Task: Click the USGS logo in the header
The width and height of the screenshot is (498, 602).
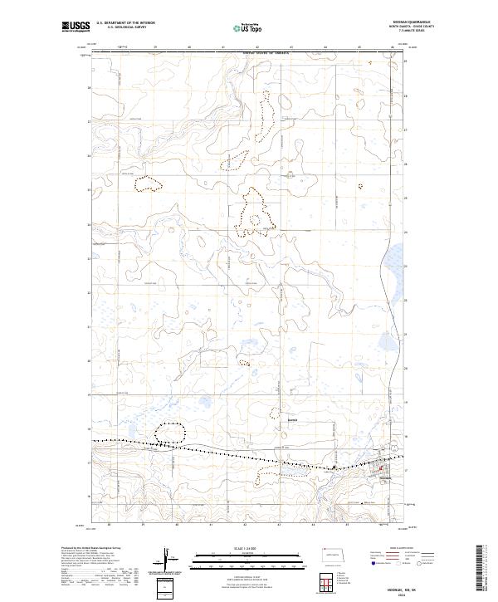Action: [x=76, y=27]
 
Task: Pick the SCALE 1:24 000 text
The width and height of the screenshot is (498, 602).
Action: [x=246, y=548]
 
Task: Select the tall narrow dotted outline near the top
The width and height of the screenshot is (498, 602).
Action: [x=264, y=120]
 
